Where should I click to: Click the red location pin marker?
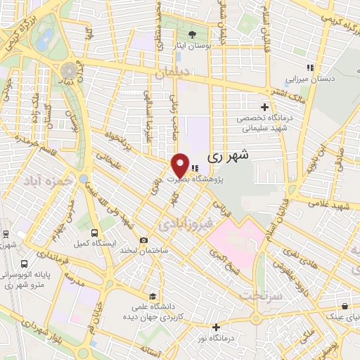pos(181,165)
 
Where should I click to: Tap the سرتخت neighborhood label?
pos(261,295)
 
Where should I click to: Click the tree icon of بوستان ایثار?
pos(192,34)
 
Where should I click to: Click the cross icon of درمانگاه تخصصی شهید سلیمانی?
pos(264,108)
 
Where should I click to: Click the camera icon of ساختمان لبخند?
pos(143,239)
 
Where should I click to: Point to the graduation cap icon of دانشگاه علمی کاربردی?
pos(153,295)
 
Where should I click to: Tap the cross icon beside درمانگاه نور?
pos(216,327)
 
